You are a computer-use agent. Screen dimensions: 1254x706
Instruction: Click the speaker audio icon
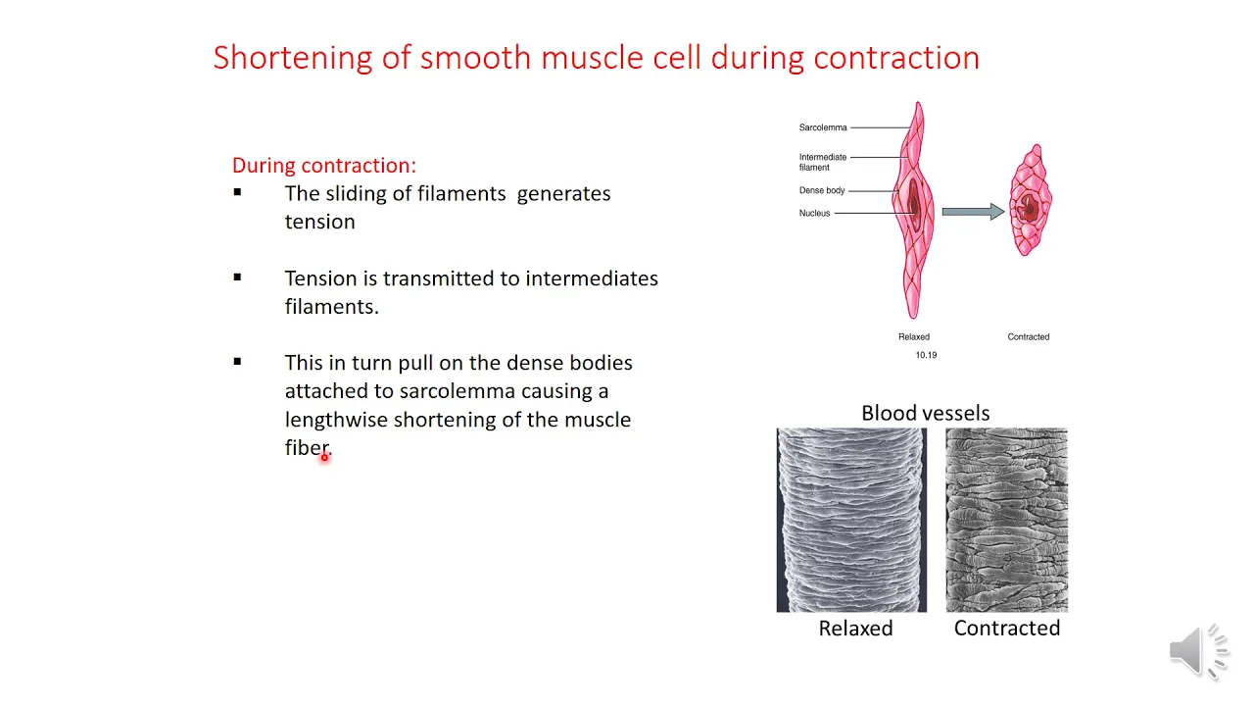1198,652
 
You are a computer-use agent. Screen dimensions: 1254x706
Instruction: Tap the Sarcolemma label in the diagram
822,127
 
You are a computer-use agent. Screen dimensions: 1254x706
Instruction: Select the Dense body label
822,190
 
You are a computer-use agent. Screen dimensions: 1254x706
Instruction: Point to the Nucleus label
814,213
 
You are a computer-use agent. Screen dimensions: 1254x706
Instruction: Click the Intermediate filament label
822,162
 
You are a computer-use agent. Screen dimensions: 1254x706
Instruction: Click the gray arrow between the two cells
973,212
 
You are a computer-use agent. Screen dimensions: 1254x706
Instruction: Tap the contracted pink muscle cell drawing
1031,200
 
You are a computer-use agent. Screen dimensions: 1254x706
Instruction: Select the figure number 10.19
926,355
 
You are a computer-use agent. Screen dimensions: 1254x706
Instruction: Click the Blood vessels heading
926,413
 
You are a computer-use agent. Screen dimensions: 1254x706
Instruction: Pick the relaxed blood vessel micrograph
851,520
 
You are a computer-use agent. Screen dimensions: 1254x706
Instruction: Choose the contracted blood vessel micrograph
1006,520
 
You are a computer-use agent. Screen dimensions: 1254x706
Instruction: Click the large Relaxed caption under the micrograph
855,629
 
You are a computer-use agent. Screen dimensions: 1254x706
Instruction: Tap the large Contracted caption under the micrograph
1006,629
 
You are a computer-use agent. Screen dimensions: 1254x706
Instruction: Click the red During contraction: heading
324,166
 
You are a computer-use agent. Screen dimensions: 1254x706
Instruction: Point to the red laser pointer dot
324,458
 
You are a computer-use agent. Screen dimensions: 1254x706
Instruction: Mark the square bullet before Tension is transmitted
237,277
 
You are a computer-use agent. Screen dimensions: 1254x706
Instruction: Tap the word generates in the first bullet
563,194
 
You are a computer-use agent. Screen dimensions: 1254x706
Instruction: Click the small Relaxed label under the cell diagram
914,336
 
